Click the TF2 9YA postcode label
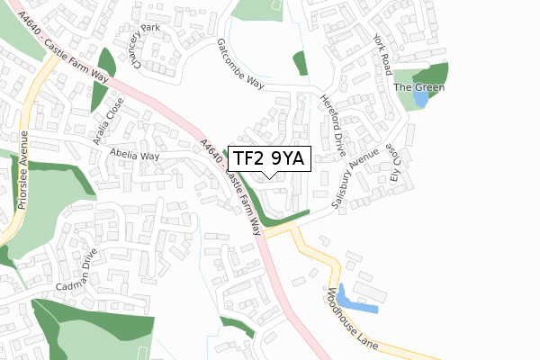click(270, 158)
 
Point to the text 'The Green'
click(414, 87)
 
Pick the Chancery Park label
click(143, 46)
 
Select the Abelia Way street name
click(135, 156)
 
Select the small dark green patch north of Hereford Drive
click(300, 63)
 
